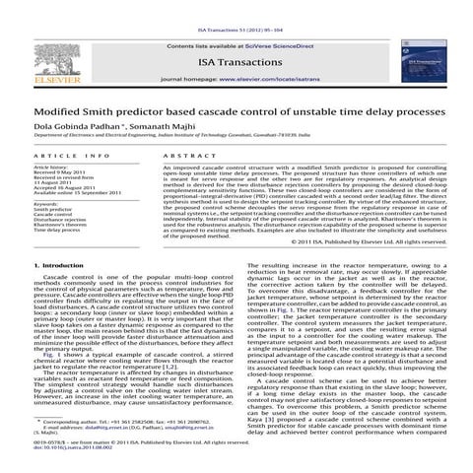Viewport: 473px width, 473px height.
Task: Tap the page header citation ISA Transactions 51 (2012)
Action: tap(236, 5)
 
